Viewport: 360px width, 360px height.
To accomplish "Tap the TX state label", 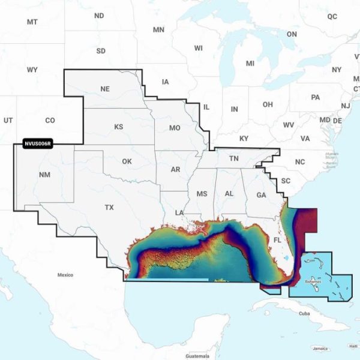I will click(109, 208).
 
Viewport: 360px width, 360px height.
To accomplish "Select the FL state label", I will click(277, 239).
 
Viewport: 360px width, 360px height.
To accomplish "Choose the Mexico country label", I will click(65, 275).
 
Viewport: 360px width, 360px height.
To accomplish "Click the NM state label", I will click(44, 175).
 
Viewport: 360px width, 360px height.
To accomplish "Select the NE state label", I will click(105, 89).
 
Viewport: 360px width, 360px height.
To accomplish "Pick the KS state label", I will click(118, 127).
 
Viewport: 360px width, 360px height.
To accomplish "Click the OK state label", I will click(127, 161).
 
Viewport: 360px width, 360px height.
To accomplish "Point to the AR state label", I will click(175, 170).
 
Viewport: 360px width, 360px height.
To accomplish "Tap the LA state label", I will click(179, 213).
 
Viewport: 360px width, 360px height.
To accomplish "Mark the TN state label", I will click(236, 159).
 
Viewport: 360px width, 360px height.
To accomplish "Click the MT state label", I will click(32, 22).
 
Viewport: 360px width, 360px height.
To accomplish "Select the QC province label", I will click(332, 16).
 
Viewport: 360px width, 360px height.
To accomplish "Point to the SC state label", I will click(286, 181).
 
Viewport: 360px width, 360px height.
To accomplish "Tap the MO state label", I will click(175, 128).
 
